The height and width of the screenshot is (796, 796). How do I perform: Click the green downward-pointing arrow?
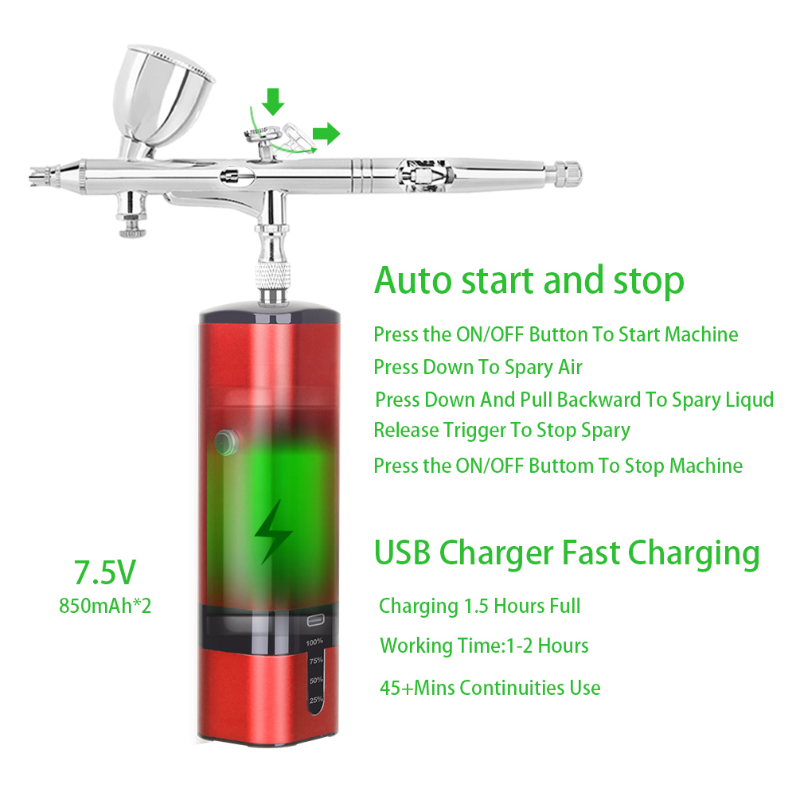click(x=273, y=102)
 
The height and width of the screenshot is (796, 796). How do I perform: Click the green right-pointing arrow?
click(x=326, y=134)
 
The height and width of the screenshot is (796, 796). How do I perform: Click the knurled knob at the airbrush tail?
click(x=567, y=174)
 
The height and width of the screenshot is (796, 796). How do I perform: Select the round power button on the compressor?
click(x=226, y=442)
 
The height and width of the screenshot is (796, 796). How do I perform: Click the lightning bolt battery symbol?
click(x=273, y=532)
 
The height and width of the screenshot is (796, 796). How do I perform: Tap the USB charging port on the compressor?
click(x=315, y=621)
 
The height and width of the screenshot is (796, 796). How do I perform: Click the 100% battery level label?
click(x=314, y=642)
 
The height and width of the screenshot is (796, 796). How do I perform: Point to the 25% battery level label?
click(x=316, y=700)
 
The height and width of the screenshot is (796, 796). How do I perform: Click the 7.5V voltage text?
click(x=105, y=572)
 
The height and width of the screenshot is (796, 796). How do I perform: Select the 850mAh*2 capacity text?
click(x=105, y=606)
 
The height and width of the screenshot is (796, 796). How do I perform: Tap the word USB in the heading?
click(x=402, y=552)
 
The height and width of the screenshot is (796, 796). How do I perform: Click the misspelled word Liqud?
click(x=749, y=400)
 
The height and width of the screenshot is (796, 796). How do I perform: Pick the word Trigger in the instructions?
click(x=474, y=431)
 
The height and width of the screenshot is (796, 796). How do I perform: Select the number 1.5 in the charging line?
click(x=476, y=606)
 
